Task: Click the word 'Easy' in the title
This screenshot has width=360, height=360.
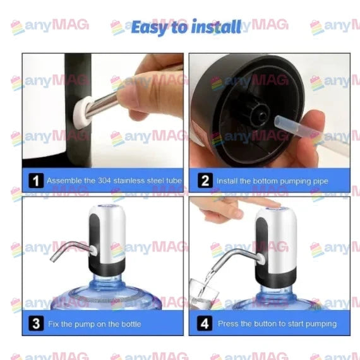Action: click(150, 27)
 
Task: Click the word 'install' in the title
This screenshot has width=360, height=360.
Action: click(215, 27)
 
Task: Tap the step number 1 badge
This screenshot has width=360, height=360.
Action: click(36, 181)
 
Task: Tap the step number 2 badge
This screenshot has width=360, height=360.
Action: click(205, 181)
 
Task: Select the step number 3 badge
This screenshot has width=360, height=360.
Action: click(36, 324)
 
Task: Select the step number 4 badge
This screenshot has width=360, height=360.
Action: click(205, 324)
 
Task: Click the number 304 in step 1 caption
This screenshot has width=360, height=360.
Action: click(106, 181)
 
